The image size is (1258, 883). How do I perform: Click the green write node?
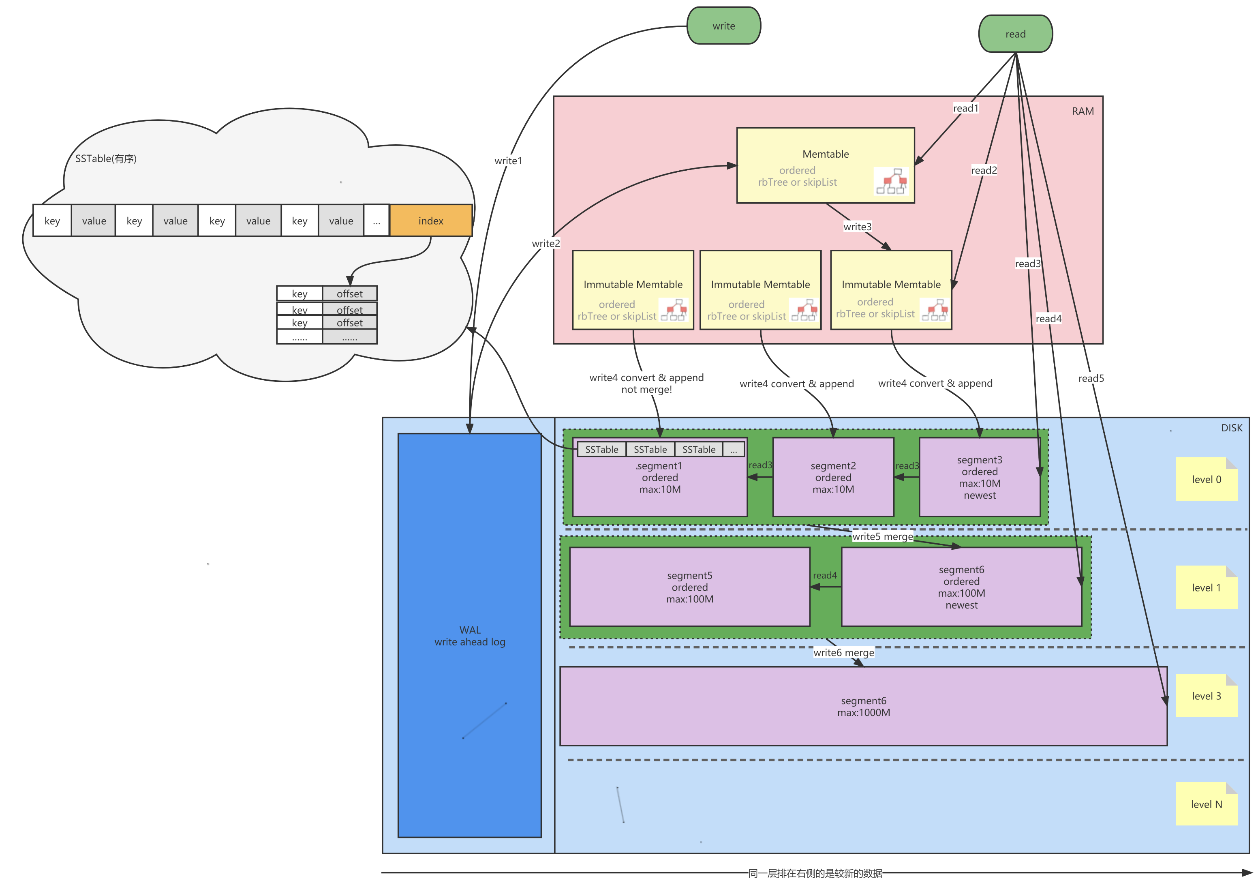(x=723, y=26)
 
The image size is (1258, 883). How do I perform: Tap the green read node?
(x=1015, y=34)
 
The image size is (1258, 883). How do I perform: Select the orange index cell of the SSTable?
(x=431, y=220)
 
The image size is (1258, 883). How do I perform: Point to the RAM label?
(x=1082, y=111)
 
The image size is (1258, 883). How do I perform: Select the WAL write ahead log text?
(x=470, y=636)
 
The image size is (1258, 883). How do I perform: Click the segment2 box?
(x=833, y=477)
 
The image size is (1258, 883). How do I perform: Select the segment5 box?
(x=689, y=587)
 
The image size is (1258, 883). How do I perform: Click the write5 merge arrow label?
(x=882, y=537)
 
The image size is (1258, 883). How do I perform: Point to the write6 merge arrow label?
(x=843, y=652)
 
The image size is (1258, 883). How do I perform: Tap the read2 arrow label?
(x=984, y=170)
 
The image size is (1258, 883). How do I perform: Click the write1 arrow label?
(x=508, y=161)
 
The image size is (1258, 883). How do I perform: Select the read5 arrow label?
(x=1090, y=378)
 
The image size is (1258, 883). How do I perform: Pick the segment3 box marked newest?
(x=979, y=477)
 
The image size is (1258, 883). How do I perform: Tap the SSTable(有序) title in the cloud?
(x=106, y=159)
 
